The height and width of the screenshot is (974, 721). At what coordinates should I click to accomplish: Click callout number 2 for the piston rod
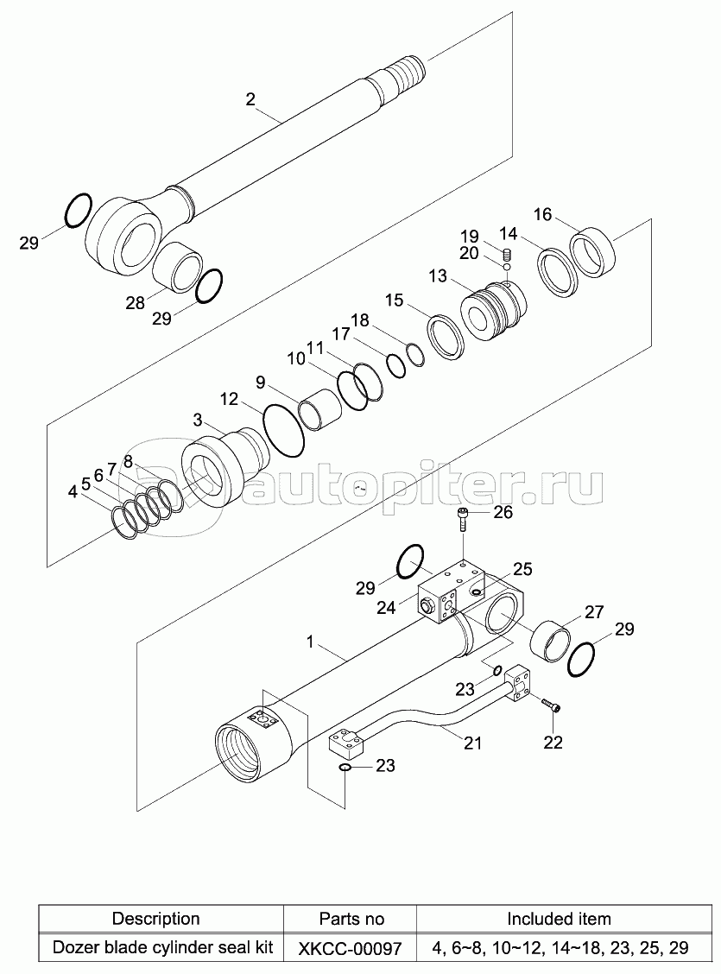(250, 99)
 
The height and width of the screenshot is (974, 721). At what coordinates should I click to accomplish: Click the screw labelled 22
(551, 708)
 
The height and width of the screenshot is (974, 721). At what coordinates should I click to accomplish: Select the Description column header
(156, 919)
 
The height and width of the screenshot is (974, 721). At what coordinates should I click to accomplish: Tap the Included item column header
(559, 919)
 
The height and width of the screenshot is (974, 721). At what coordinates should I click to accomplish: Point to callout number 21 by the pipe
(472, 743)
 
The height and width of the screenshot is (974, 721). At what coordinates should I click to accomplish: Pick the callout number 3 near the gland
(197, 420)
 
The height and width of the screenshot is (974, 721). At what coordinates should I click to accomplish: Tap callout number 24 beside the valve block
(386, 608)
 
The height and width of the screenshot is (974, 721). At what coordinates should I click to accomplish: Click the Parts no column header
(351, 919)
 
